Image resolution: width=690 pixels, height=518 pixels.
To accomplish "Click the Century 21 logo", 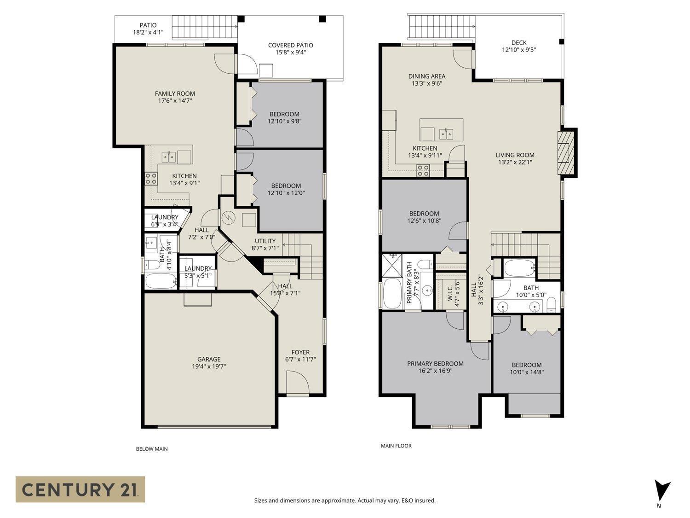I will (x=80, y=489).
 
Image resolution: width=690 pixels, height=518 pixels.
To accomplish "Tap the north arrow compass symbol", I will (x=662, y=491).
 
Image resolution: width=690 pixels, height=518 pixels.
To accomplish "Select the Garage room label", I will (x=209, y=359).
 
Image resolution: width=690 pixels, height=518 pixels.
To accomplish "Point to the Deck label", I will (x=518, y=42).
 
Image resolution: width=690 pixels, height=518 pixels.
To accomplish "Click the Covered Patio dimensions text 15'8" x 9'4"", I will (x=290, y=52).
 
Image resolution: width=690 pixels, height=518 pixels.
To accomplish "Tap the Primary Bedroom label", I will (x=435, y=363).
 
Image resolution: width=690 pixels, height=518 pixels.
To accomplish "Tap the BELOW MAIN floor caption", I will (x=151, y=449).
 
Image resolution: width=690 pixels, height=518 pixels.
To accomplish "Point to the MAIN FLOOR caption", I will (x=396, y=446).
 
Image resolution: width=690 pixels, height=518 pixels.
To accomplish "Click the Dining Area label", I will (x=426, y=76).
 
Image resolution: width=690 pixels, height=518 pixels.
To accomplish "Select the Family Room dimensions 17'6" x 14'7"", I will (x=175, y=100).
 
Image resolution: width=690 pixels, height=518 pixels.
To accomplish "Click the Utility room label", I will (x=265, y=241).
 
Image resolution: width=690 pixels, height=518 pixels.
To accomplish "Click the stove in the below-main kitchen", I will (x=151, y=178).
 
